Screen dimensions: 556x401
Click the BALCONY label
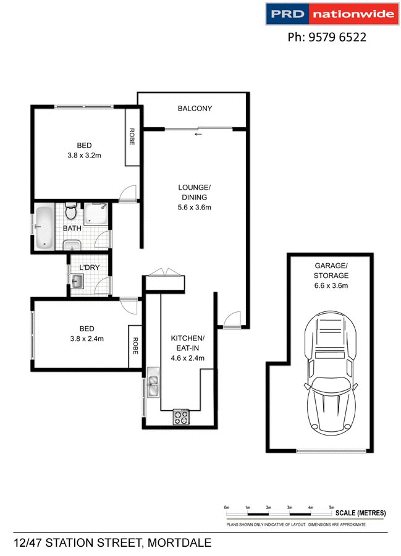coord(195,109)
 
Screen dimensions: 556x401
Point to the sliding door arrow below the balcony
coord(198,133)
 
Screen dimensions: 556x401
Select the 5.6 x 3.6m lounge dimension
coord(195,208)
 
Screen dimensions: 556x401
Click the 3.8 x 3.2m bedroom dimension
coord(84,156)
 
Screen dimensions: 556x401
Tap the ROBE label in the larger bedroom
coord(132,137)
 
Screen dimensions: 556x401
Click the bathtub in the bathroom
coord(44,227)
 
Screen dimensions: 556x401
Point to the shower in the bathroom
coord(96,214)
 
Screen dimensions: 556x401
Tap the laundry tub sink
coord(78,282)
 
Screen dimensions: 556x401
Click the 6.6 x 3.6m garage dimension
coord(331,285)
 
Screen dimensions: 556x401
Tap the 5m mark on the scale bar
coord(332,507)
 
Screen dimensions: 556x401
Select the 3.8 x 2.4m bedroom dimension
coord(84,338)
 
